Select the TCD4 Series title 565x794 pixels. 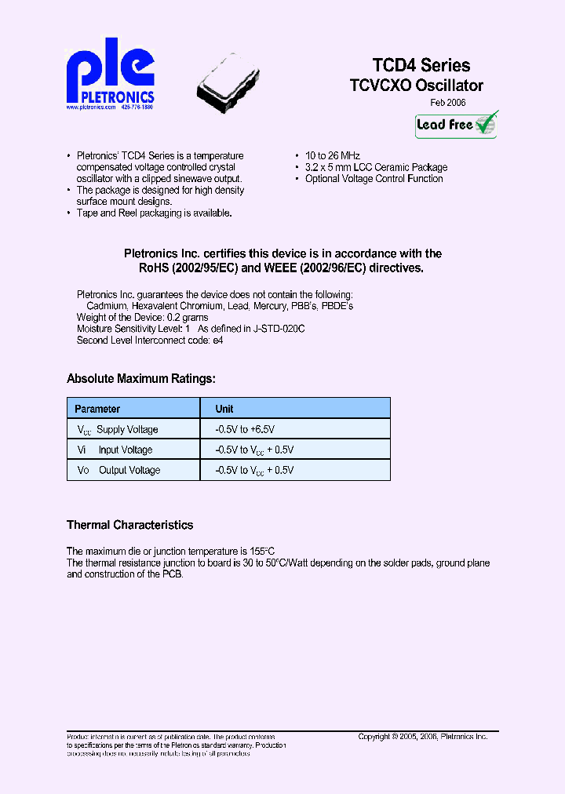click(421, 65)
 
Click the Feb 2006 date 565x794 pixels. click(449, 103)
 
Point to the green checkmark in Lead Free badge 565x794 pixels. click(486, 122)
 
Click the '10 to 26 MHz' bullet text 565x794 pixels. click(333, 156)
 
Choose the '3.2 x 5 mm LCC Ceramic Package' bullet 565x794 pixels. click(376, 167)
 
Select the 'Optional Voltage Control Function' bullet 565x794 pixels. click(374, 179)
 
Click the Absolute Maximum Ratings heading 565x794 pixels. click(140, 379)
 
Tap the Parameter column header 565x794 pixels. click(97, 409)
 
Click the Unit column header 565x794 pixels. click(224, 409)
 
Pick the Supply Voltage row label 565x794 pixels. click(126, 430)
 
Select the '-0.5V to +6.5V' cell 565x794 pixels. click(244, 430)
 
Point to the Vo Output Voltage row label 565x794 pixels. click(118, 471)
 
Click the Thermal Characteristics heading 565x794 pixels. click(129, 525)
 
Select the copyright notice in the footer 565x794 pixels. click(422, 737)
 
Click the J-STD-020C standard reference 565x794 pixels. click(278, 329)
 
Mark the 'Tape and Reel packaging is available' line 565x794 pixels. click(154, 213)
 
